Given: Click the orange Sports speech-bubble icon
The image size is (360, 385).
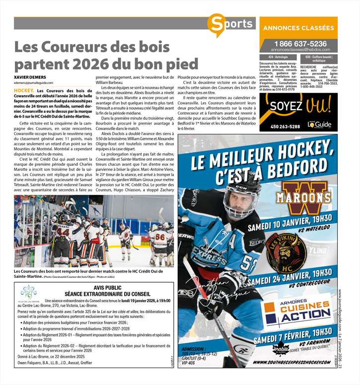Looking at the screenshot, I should point(217,24).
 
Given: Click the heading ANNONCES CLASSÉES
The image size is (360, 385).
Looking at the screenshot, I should point(298,28).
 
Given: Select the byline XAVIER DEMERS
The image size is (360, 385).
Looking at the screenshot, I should point(30,77).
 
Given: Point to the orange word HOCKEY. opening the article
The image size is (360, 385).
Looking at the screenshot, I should point(24,91).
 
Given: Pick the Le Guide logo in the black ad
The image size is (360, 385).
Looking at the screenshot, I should point(318,125).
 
